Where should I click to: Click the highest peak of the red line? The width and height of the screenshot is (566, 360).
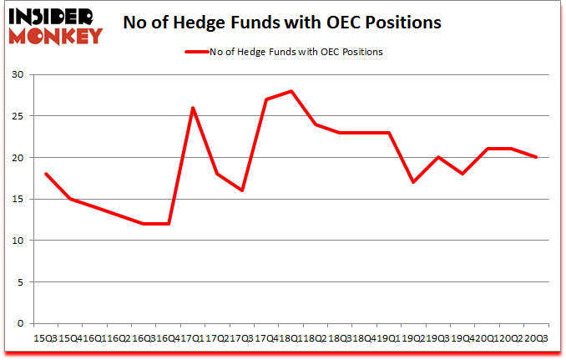coord(291,91)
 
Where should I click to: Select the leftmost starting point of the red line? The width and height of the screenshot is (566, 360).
coord(45,174)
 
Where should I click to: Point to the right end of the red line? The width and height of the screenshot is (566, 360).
coord(536,157)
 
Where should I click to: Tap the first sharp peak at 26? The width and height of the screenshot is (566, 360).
coord(193,108)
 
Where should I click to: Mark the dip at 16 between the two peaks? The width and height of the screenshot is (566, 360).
coord(242,190)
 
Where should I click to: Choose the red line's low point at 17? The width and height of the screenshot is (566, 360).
coord(413,182)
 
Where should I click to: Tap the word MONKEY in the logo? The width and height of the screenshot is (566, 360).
coord(57,35)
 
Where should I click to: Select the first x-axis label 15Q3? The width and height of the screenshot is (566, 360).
coord(45,338)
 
